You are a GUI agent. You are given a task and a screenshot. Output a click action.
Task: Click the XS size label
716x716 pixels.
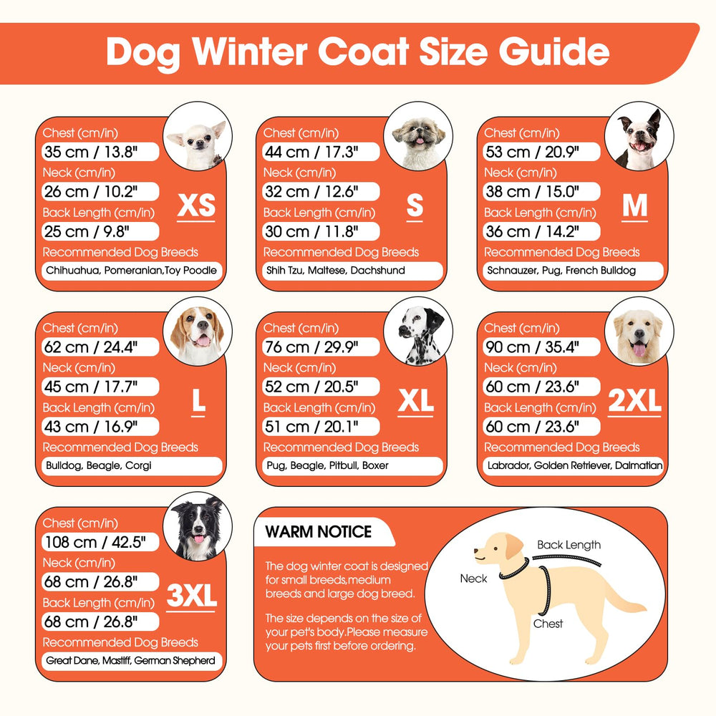click(196, 205)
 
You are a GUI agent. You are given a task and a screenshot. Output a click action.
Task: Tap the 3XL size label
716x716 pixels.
click(191, 596)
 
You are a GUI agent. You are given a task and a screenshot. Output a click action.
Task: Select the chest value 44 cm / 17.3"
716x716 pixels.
click(311, 152)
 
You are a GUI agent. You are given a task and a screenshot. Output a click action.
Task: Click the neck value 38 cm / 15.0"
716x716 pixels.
click(532, 192)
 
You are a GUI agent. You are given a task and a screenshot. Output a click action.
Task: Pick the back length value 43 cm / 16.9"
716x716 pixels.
click(90, 427)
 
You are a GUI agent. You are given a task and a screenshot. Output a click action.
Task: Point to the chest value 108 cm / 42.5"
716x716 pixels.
click(95, 542)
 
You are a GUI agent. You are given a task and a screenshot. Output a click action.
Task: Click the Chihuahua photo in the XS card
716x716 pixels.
click(198, 136)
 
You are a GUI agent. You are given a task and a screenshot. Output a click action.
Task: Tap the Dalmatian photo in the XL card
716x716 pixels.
click(418, 332)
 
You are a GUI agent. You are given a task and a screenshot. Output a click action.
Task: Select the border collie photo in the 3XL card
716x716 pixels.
click(198, 526)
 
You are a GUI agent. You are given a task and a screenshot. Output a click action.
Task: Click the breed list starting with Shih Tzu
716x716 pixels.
click(336, 271)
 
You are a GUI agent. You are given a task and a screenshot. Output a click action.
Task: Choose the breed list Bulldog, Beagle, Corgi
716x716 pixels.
click(99, 465)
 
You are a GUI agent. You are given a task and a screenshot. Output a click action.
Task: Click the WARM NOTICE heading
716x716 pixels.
click(319, 531)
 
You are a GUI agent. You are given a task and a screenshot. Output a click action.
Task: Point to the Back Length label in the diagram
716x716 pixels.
click(569, 545)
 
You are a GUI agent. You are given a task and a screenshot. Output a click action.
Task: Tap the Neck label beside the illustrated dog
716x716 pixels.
click(473, 579)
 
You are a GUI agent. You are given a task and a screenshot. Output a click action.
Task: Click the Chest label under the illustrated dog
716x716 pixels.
click(548, 624)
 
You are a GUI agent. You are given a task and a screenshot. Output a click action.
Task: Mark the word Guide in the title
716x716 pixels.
click(554, 52)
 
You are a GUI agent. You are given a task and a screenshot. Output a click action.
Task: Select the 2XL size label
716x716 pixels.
click(634, 400)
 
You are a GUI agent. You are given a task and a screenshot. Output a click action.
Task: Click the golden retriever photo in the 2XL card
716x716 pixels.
click(639, 332)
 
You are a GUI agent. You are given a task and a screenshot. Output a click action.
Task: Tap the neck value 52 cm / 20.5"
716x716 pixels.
click(311, 387)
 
